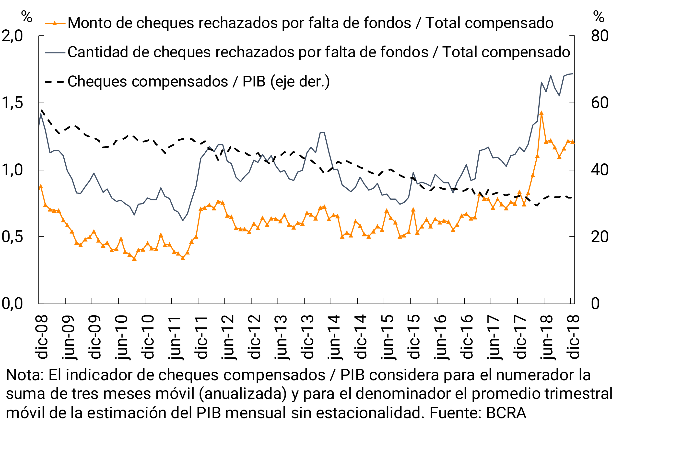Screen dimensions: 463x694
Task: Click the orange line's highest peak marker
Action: (x=541, y=113)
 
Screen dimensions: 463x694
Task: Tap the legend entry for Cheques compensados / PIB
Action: (x=198, y=82)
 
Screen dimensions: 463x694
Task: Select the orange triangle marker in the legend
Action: (x=55, y=23)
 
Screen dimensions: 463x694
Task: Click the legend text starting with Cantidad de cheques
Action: (x=319, y=52)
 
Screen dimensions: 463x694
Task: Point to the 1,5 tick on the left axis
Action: (x=12, y=103)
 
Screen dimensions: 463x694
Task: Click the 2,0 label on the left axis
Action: (x=12, y=36)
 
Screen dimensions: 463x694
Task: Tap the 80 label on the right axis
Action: (x=600, y=36)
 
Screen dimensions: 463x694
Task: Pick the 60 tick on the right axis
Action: (x=600, y=103)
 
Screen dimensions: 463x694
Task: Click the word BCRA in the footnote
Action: (x=506, y=413)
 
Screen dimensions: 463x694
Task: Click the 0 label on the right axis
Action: (x=595, y=304)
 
